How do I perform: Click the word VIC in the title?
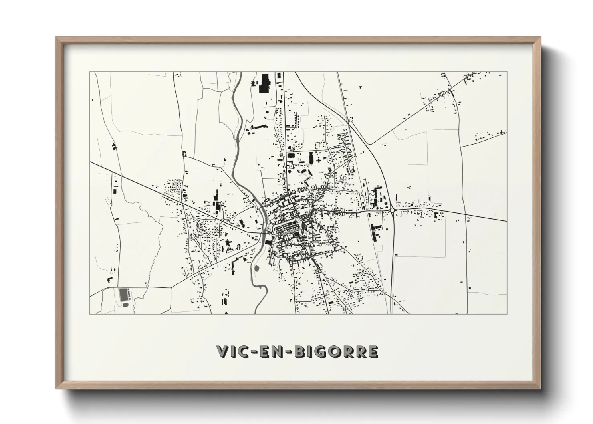(233, 351)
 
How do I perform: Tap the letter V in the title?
(222, 351)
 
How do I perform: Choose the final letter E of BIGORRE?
(372, 351)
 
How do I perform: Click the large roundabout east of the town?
(392, 209)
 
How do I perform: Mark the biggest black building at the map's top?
(265, 83)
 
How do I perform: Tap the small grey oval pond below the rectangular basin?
(126, 305)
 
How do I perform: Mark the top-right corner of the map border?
(507, 72)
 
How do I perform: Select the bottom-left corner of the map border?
(90, 314)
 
